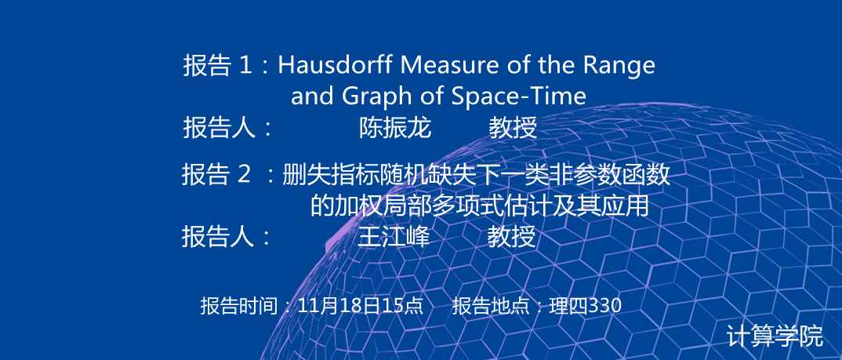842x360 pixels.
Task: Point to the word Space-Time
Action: [519, 96]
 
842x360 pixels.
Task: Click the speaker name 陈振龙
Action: [395, 129]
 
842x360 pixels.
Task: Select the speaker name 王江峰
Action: [394, 236]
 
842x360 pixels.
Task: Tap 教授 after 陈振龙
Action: [513, 129]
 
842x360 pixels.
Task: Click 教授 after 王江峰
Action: [512, 236]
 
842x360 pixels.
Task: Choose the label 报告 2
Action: [216, 175]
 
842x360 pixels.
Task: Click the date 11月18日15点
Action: [361, 305]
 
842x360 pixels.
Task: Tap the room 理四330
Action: [586, 305]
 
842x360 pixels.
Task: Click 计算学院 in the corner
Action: [775, 336]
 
